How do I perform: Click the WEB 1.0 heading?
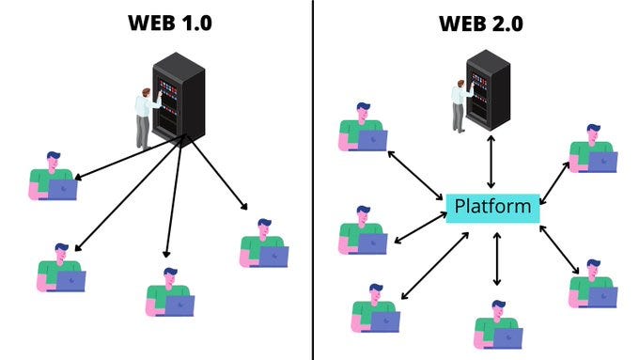[170, 23]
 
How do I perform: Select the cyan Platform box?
[492, 206]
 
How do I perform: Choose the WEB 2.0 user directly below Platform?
[497, 324]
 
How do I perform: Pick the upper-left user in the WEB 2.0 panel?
[362, 128]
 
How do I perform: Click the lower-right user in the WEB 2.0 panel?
[593, 284]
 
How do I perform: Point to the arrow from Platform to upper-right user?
[554, 180]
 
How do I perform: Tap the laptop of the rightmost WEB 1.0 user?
[273, 256]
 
